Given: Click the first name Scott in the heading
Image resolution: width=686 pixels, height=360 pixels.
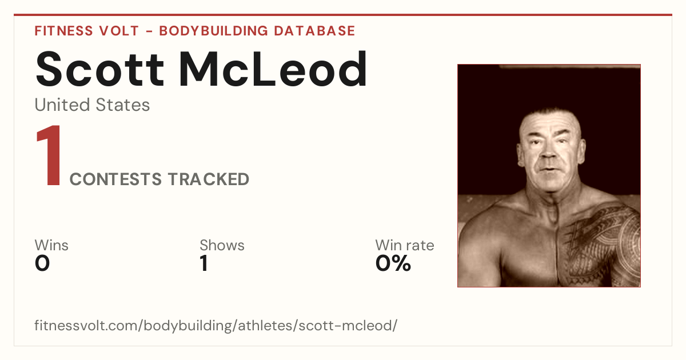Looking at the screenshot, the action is [100, 69].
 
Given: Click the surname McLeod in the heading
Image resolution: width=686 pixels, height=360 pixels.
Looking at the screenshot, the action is [273, 69].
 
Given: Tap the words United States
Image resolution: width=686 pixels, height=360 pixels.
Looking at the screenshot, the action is [92, 105].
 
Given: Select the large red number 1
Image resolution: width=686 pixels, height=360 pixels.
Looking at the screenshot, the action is [49, 155].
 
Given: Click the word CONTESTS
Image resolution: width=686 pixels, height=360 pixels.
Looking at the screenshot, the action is [115, 179].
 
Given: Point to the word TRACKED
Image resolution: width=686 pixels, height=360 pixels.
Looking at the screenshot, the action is [209, 179].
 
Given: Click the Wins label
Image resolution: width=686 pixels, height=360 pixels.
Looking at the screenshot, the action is [51, 245].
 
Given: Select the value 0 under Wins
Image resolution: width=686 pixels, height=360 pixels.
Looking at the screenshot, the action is [42, 263].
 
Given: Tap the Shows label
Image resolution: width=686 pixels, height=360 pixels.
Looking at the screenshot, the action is [222, 245].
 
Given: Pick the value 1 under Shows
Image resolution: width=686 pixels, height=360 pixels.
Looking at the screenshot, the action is [204, 263].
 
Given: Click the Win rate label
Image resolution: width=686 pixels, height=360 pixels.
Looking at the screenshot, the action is [405, 245].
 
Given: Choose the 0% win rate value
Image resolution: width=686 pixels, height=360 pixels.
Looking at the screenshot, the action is [393, 263].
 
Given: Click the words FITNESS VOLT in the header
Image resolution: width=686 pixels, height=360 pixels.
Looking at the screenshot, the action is [87, 31].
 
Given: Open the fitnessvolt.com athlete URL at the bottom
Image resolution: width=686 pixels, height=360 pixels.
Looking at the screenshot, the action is [216, 325].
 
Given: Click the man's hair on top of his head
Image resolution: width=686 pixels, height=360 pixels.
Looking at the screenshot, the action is [550, 115].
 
